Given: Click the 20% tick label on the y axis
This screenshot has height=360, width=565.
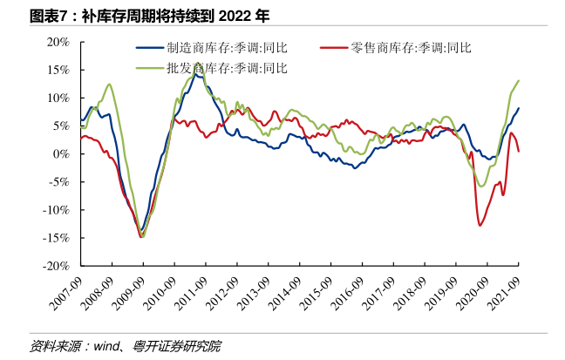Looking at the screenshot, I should pyautogui.click(x=58, y=42).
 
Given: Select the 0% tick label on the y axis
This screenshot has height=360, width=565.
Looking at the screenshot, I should pyautogui.click(x=61, y=153).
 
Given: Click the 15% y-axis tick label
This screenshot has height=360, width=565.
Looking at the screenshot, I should pyautogui.click(x=58, y=70).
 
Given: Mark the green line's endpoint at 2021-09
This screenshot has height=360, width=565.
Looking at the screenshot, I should pyautogui.click(x=519, y=81).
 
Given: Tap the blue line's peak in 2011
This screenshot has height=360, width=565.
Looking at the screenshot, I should pyautogui.click(x=198, y=65).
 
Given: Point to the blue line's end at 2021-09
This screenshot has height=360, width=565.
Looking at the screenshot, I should pyautogui.click(x=519, y=108).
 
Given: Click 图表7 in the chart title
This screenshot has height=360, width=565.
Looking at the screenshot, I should pyautogui.click(x=48, y=15).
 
